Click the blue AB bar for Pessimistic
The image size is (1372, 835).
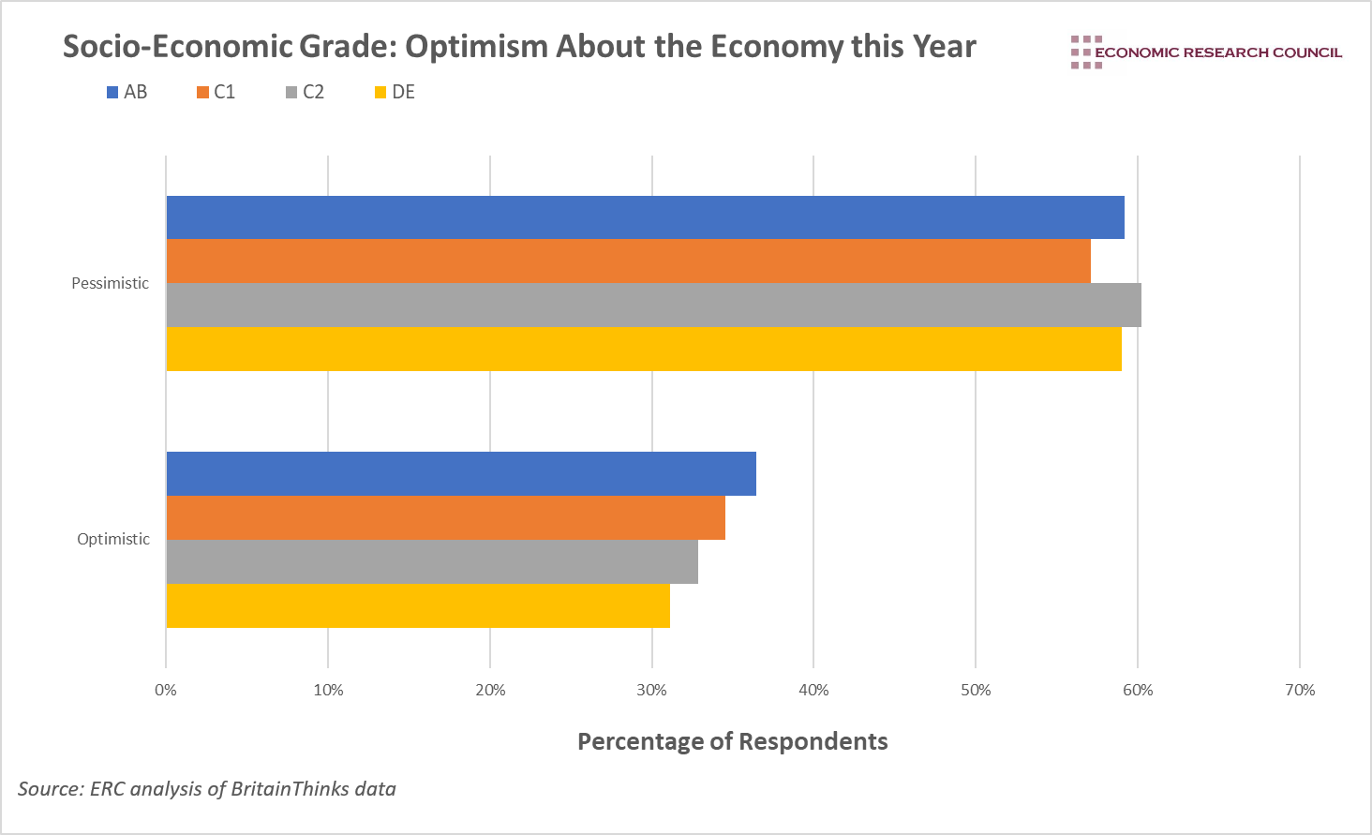(x=645, y=217)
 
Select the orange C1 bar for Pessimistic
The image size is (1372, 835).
(x=628, y=261)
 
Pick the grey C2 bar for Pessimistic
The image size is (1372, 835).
(x=653, y=305)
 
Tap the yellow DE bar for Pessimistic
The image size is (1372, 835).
(x=644, y=349)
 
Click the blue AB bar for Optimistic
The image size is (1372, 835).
(x=461, y=473)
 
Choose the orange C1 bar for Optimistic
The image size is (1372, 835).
(x=445, y=517)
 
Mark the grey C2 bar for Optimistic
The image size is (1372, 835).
(x=432, y=561)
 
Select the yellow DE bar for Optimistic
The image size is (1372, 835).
(x=418, y=605)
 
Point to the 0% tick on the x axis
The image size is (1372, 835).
(x=166, y=691)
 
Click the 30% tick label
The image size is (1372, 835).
(x=651, y=691)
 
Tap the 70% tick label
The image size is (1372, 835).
(x=1300, y=691)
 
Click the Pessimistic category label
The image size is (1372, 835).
(x=110, y=283)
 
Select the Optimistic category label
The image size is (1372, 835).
(x=112, y=539)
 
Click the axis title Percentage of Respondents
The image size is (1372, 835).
(x=732, y=741)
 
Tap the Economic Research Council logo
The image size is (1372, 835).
(x=1206, y=52)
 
